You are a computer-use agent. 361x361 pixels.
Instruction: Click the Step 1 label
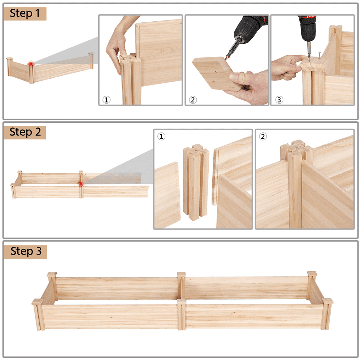pyautogui.click(x=25, y=13)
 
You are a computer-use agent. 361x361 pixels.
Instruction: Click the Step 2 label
pyautogui.click(x=25, y=132)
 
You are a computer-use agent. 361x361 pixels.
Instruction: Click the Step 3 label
pyautogui.click(x=26, y=251)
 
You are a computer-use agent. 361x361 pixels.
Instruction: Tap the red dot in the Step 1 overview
pyautogui.click(x=31, y=64)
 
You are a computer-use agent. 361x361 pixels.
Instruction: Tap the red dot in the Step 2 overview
pyautogui.click(x=81, y=184)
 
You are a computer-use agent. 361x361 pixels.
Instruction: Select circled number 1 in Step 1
pyautogui.click(x=106, y=100)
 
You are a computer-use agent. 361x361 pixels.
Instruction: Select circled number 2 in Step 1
pyautogui.click(x=193, y=100)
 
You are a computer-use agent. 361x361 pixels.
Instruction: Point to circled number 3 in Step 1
pyautogui.click(x=279, y=100)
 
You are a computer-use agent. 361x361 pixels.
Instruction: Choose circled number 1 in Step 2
pyautogui.click(x=161, y=136)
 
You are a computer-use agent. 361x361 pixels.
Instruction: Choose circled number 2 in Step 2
pyautogui.click(x=263, y=136)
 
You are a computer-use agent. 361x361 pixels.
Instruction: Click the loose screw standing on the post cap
pyautogui.click(x=320, y=56)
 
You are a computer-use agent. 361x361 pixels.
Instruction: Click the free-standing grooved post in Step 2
pyautogui.click(x=196, y=182)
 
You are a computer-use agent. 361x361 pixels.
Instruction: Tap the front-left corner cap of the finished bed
pyautogui.click(x=37, y=302)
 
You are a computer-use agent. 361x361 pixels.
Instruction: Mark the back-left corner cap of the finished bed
pyautogui.click(x=52, y=274)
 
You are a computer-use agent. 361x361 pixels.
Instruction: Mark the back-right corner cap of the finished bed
pyautogui.click(x=312, y=274)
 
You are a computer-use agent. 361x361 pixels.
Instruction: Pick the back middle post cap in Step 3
pyautogui.click(x=182, y=274)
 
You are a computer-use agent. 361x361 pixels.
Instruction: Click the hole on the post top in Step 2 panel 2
pyautogui.click(x=296, y=148)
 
